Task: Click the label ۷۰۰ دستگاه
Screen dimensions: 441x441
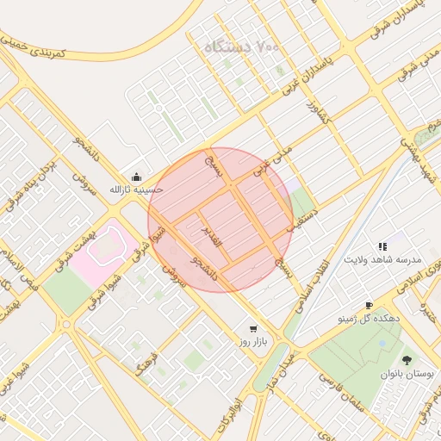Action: pyautogui.click(x=242, y=47)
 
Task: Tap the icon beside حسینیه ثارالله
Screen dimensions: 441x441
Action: pyautogui.click(x=135, y=177)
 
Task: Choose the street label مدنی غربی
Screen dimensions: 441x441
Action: pyautogui.click(x=273, y=162)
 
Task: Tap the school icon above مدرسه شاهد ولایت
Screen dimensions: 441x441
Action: pyautogui.click(x=382, y=246)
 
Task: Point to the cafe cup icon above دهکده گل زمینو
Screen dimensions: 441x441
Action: pyautogui.click(x=369, y=305)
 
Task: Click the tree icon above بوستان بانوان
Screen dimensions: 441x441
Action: pyautogui.click(x=407, y=360)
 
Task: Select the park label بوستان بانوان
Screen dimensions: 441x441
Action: pyautogui.click(x=407, y=376)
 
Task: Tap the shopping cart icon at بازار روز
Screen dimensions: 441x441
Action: pyautogui.click(x=252, y=328)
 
